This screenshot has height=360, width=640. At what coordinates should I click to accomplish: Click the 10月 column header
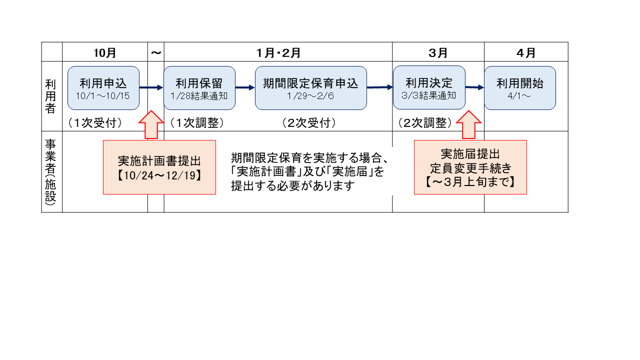[105, 52]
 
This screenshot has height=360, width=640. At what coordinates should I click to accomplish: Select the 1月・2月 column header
[278, 52]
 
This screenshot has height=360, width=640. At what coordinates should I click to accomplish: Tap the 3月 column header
[438, 52]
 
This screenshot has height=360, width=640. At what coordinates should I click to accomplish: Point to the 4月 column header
[526, 52]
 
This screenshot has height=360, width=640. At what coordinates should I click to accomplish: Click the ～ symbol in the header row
[156, 52]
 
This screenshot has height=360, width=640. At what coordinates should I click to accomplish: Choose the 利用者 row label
[51, 96]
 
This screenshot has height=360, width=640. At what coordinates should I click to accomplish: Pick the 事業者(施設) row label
[51, 171]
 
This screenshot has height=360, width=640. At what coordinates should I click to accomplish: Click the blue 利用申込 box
[103, 88]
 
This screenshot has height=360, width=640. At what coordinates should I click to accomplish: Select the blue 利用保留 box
[198, 88]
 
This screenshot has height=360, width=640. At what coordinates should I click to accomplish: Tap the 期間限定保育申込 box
[310, 88]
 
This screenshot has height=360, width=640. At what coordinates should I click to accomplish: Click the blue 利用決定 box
[428, 88]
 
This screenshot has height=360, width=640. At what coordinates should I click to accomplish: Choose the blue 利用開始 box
[519, 88]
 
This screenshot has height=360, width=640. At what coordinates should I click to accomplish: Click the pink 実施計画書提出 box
[159, 167]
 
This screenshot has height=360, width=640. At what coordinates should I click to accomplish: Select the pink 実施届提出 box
[470, 167]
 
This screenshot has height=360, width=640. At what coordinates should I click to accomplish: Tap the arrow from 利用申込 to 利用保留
[151, 88]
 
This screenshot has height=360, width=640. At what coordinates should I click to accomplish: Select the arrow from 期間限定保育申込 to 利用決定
[379, 87]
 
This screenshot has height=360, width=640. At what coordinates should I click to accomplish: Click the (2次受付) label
[308, 123]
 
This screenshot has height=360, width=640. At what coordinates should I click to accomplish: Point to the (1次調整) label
[196, 123]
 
